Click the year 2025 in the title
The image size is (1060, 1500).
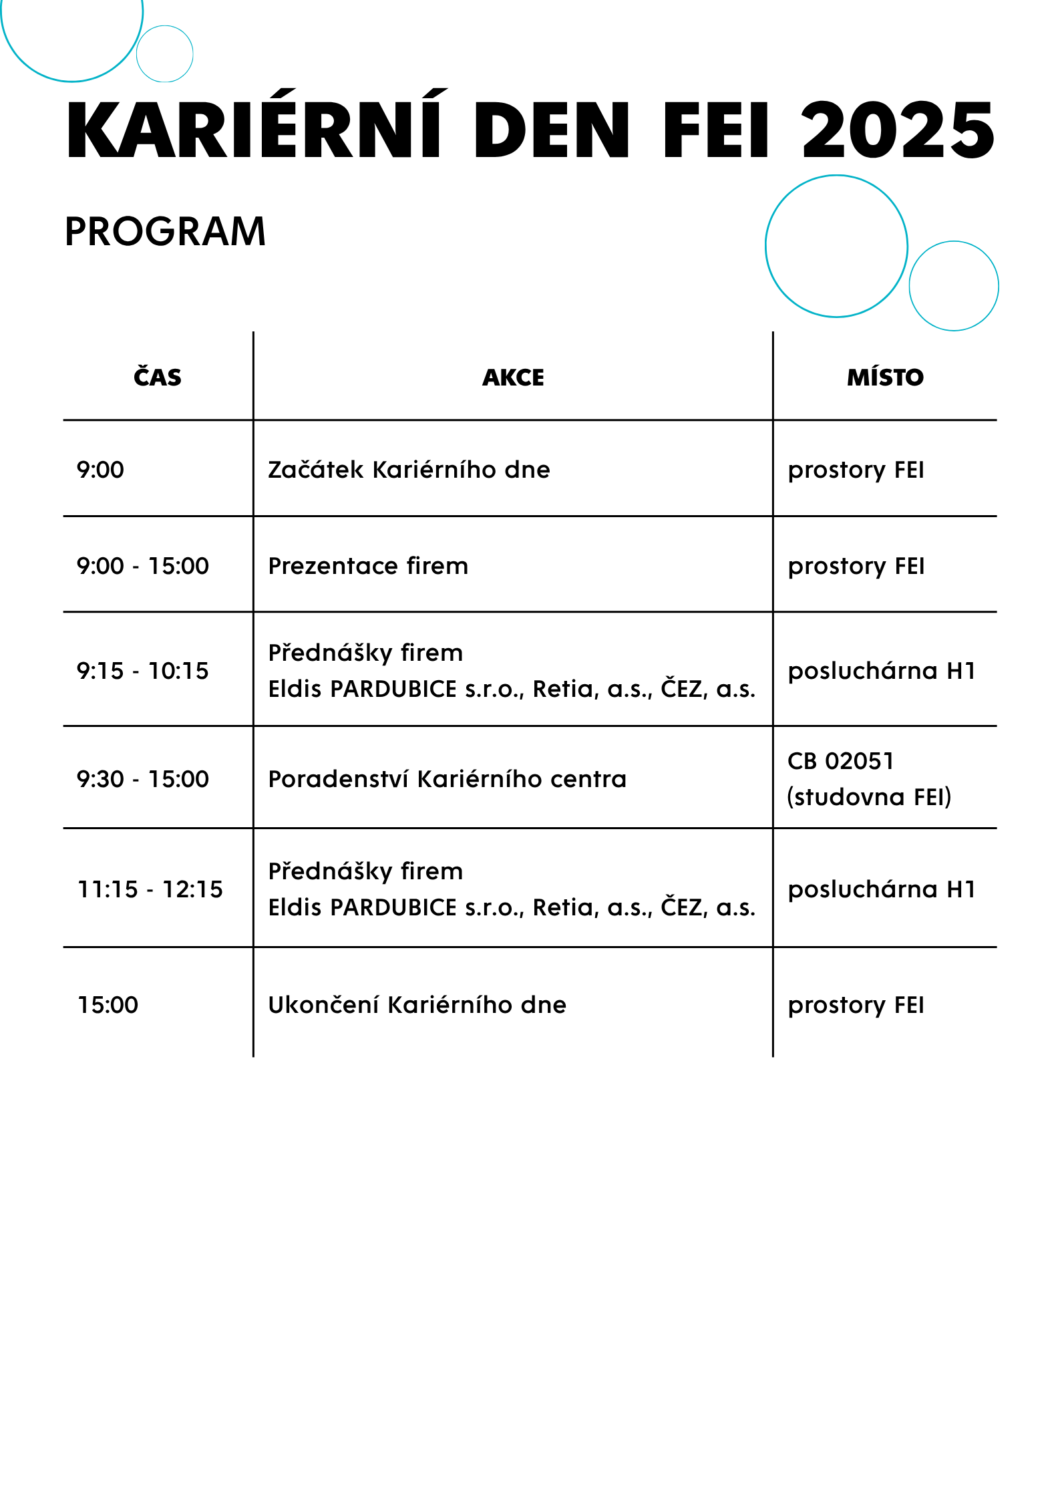(898, 131)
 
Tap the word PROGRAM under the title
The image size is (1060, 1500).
(165, 232)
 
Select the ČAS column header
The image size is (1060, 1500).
(158, 378)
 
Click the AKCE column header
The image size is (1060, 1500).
(513, 378)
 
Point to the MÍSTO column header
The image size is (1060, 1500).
(885, 378)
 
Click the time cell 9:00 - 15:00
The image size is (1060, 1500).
(142, 566)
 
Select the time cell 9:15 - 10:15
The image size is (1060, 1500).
(142, 670)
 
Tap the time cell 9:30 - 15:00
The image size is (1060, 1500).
(142, 779)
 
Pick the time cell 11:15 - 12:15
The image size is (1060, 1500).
(150, 889)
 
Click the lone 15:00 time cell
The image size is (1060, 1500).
(108, 1005)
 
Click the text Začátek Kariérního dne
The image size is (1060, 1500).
(409, 470)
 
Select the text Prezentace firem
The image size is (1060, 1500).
(368, 566)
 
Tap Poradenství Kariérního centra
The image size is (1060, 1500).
(447, 779)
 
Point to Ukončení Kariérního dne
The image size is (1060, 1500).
(417, 1005)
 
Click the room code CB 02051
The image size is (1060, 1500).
(840, 761)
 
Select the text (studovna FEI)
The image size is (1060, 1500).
(869, 797)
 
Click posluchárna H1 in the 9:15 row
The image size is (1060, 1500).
(882, 670)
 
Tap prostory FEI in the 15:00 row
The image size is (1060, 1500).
(856, 1005)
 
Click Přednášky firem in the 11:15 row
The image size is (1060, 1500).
(365, 871)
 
